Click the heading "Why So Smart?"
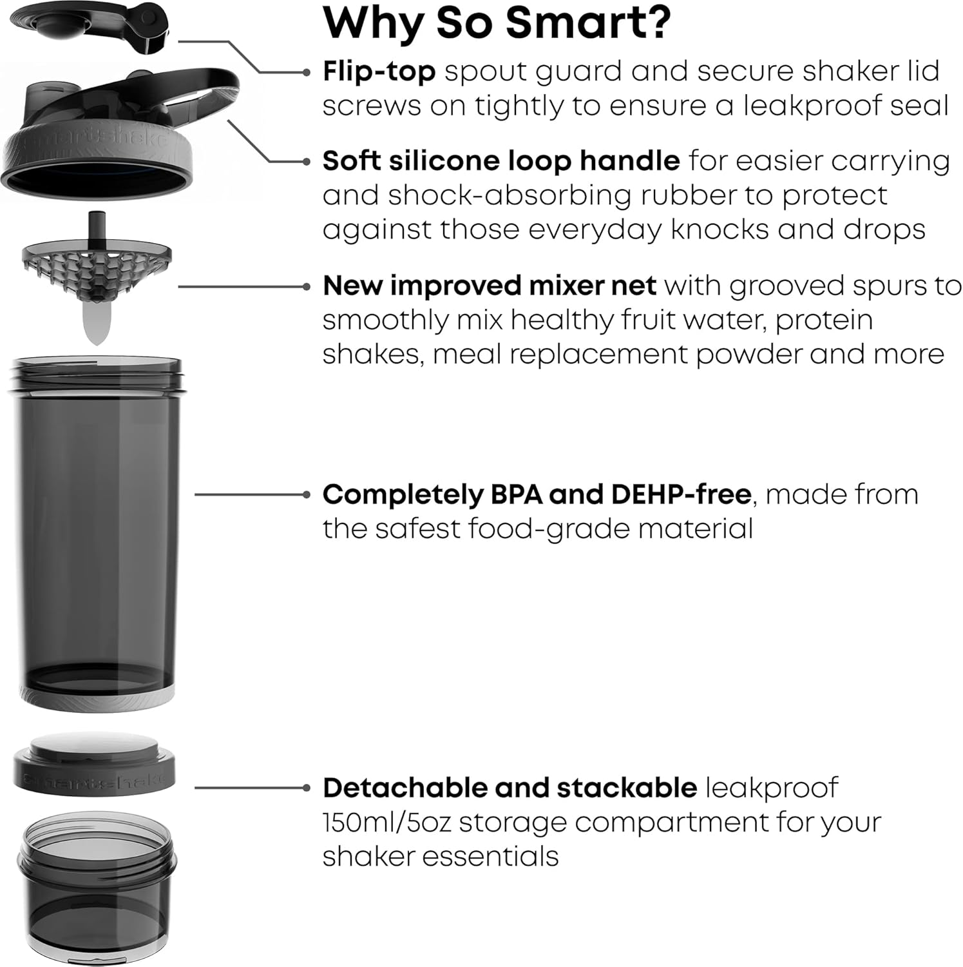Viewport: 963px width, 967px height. click(497, 23)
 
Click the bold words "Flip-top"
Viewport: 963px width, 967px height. click(379, 72)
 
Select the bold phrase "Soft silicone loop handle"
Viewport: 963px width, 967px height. click(501, 161)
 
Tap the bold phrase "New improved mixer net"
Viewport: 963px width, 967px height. click(489, 286)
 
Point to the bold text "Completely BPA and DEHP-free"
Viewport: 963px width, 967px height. click(537, 494)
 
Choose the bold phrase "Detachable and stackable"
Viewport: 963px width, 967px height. click(510, 788)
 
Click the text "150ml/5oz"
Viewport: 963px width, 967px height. click(385, 823)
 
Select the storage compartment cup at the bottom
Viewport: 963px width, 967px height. click(97, 890)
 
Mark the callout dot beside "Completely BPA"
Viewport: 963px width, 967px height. click(306, 494)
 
